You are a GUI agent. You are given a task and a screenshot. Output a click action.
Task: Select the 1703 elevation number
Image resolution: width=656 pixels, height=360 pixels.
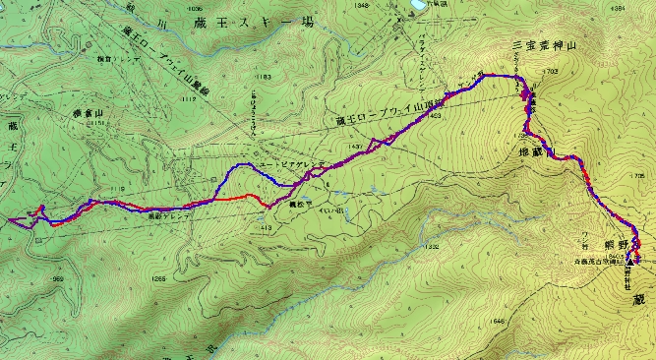point(550,71)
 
